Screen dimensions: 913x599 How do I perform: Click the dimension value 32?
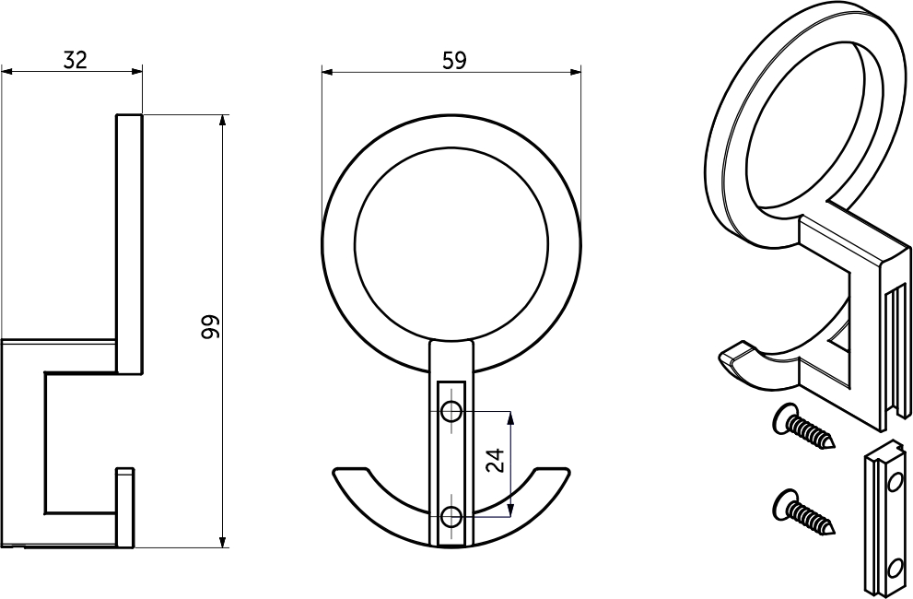pos(76,59)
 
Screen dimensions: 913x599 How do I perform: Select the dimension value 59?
pos(455,60)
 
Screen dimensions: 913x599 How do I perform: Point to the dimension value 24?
pos(495,461)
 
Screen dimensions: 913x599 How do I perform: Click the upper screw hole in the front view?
pos(451,412)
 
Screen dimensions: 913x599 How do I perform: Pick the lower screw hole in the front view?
pos(451,517)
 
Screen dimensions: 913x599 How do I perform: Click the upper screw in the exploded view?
pos(804,427)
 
